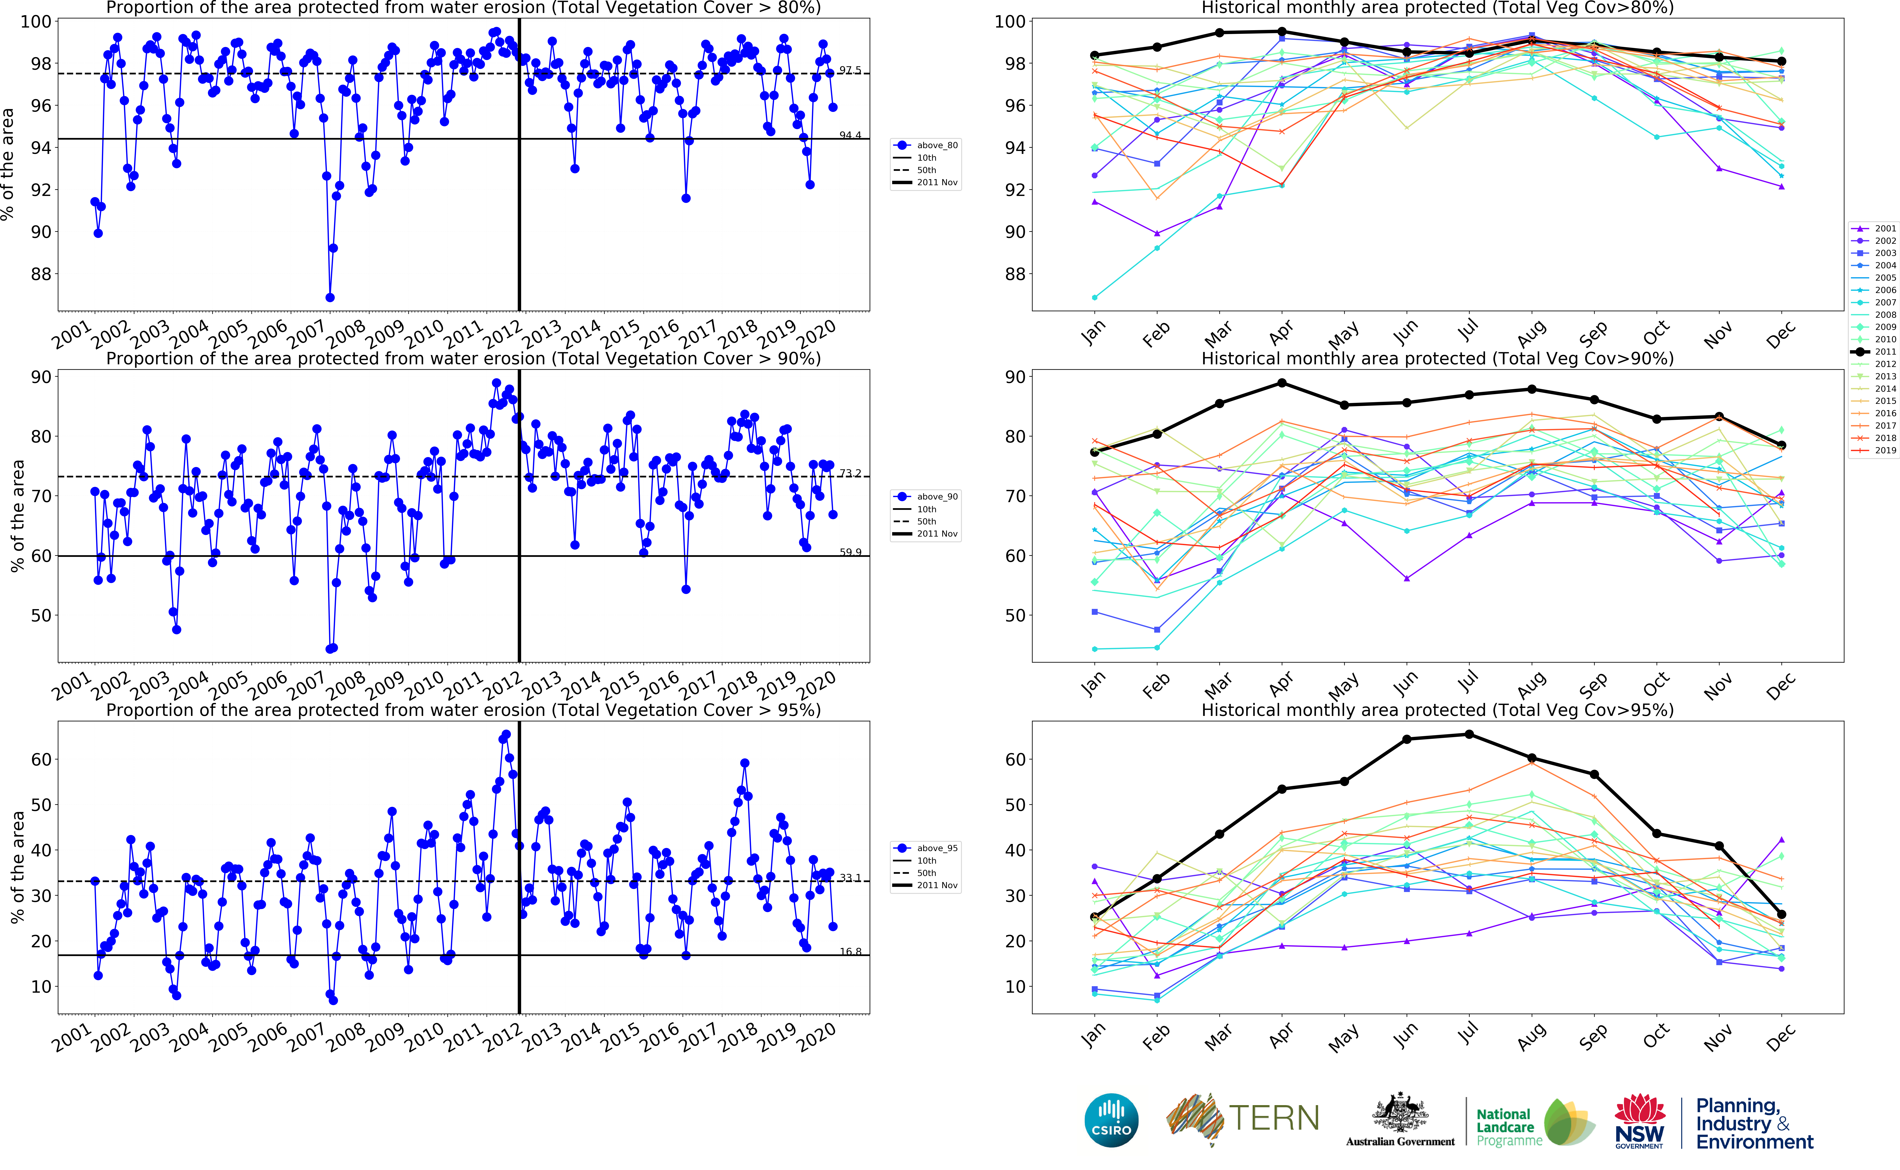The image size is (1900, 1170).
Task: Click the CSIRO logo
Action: tap(1111, 1120)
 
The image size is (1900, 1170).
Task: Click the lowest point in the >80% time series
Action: tap(330, 297)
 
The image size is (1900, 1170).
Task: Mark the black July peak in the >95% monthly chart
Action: tap(1469, 734)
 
